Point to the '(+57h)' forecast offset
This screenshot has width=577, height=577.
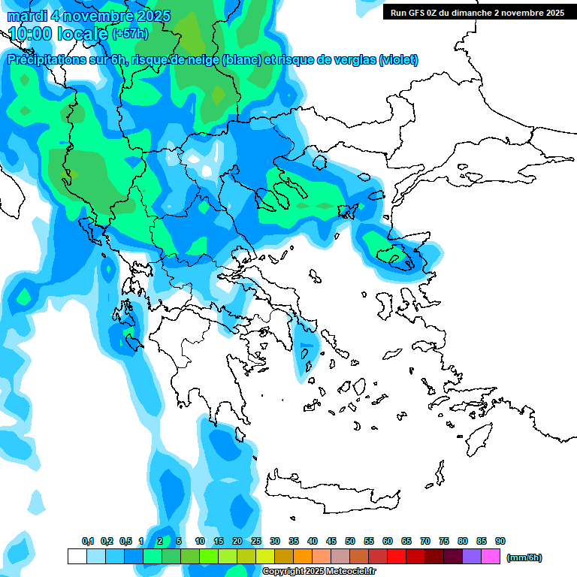(x=130, y=34)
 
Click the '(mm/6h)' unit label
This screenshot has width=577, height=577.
(x=524, y=557)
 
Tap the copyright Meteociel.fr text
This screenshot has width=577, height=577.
(x=319, y=572)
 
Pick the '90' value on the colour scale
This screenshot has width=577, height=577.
(x=500, y=542)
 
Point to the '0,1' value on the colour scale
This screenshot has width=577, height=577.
(x=88, y=542)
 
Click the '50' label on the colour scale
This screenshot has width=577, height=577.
(x=350, y=542)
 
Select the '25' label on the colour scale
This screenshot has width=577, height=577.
(x=256, y=542)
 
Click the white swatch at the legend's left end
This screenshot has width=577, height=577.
(x=77, y=557)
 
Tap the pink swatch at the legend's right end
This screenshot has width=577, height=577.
(x=491, y=557)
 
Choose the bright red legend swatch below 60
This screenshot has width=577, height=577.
(x=397, y=557)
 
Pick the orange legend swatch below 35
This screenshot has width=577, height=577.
(x=303, y=557)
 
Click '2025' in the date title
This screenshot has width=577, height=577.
(x=152, y=16)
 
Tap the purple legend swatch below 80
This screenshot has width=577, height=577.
(x=472, y=557)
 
